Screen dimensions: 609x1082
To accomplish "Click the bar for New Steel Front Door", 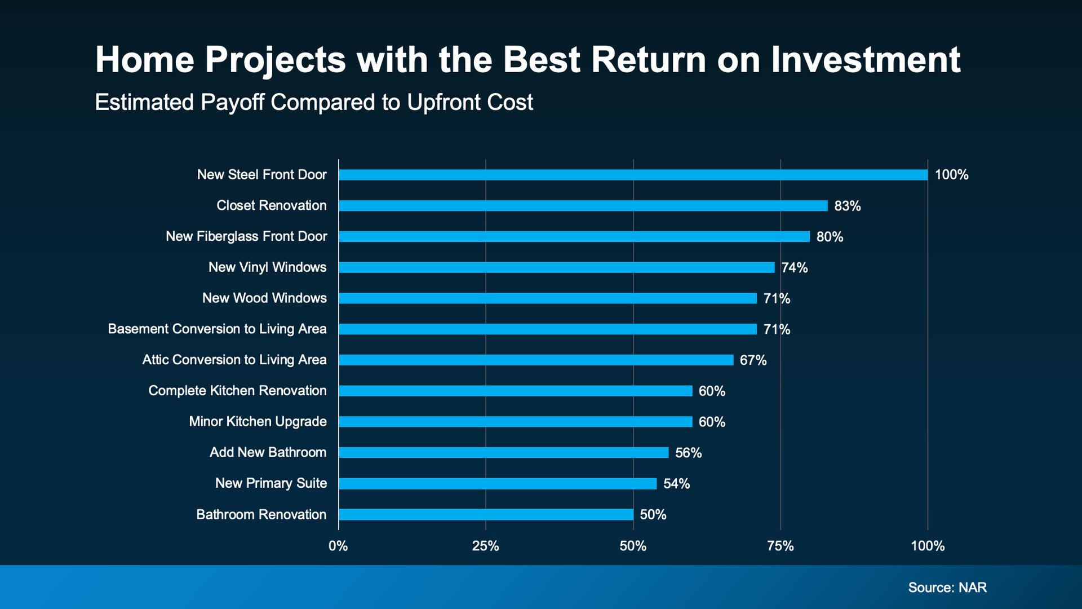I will [633, 175].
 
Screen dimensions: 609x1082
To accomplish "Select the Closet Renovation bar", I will [583, 206].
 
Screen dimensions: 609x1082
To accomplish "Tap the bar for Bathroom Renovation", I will [486, 514].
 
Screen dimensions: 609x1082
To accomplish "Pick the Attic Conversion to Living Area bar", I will [536, 360].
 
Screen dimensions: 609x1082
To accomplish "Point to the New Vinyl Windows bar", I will [557, 267].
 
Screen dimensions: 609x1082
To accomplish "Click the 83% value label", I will [848, 206].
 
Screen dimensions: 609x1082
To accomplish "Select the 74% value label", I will [795, 268].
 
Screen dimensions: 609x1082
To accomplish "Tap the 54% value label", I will [676, 483].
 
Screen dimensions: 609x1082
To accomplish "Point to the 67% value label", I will [753, 360].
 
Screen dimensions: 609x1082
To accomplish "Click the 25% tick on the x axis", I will [486, 546].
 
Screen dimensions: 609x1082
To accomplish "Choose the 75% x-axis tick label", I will [781, 546].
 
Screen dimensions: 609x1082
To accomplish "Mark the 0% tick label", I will [338, 546].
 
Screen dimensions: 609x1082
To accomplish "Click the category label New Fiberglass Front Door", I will [246, 236].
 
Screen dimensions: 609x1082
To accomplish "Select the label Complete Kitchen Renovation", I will [237, 390].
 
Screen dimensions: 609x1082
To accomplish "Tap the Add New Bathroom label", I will [268, 452].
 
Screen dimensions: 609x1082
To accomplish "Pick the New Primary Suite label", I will [271, 483].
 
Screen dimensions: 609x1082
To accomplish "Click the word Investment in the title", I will [866, 60].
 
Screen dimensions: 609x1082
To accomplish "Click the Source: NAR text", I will [947, 588].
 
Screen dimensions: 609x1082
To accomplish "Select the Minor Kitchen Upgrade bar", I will [515, 422].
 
